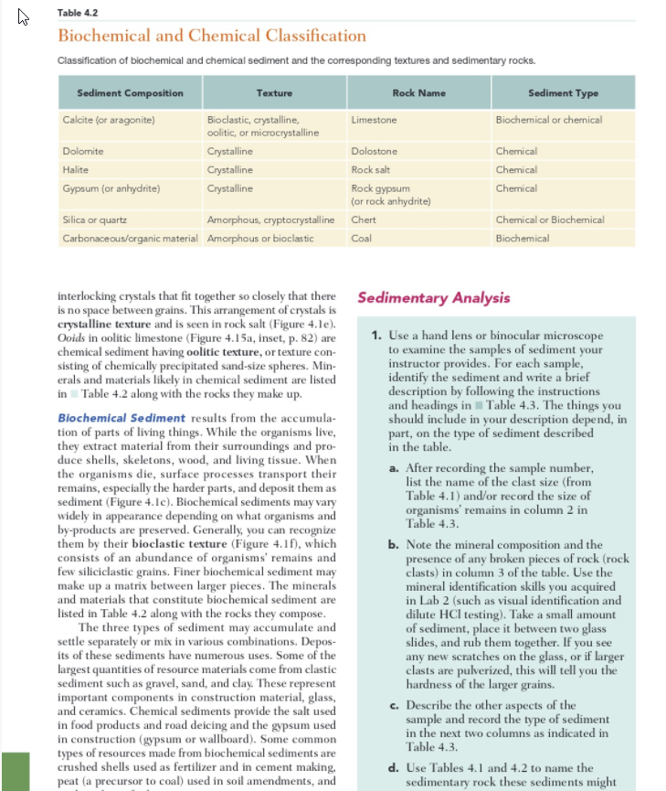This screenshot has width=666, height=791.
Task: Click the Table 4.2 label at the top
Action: pyautogui.click(x=77, y=13)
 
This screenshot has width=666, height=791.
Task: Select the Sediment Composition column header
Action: pyautogui.click(x=129, y=93)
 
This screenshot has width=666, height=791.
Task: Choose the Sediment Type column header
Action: pyautogui.click(x=562, y=93)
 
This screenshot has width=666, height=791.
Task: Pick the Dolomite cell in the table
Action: pyautogui.click(x=82, y=151)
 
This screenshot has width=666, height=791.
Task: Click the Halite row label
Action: pyautogui.click(x=75, y=169)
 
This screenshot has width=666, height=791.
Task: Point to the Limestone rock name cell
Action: pyautogui.click(x=374, y=120)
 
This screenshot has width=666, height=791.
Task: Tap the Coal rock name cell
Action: pyautogui.click(x=360, y=239)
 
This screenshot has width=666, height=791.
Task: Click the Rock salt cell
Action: pyautogui.click(x=370, y=169)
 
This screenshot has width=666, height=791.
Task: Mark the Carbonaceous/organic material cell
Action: pyautogui.click(x=132, y=239)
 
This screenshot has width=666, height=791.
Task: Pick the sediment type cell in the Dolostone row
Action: pyautogui.click(x=516, y=151)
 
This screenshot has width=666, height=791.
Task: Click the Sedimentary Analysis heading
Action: pyautogui.click(x=433, y=298)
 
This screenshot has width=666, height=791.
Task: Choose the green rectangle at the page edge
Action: pyautogui.click(x=17, y=771)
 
